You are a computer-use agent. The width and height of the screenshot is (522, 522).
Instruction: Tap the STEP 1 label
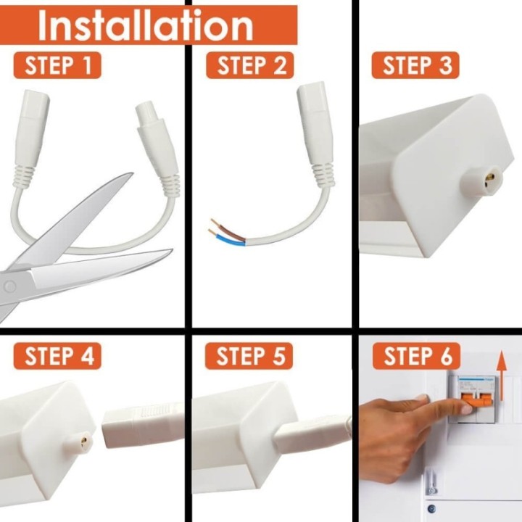[x=57, y=65]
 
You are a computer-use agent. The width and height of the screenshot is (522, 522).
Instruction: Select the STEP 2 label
[x=251, y=65]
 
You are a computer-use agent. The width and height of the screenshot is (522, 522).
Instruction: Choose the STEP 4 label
[x=57, y=356]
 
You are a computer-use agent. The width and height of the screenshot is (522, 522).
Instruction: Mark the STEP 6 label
[x=416, y=356]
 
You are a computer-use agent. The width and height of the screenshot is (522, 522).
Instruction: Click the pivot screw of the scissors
[x=9, y=286]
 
